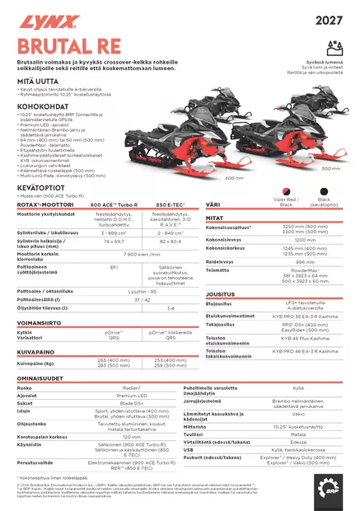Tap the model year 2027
(x=329, y=20)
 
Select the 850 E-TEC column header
(x=171, y=204)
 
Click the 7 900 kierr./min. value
(x=142, y=255)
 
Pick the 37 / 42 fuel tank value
(x=142, y=299)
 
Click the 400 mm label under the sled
(x=234, y=177)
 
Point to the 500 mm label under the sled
(x=330, y=168)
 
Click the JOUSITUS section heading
(x=221, y=293)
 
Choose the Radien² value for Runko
(x=130, y=387)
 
